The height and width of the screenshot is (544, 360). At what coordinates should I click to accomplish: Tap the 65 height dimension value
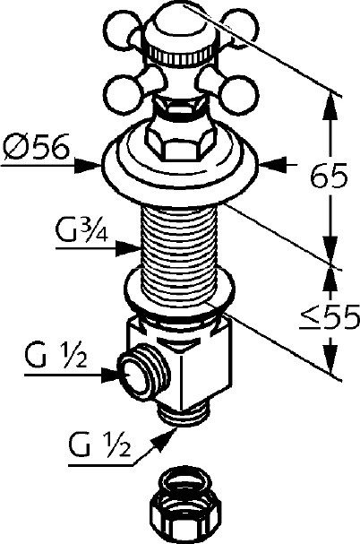[x=328, y=176]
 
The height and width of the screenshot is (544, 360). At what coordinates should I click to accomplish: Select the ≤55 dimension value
[x=329, y=317]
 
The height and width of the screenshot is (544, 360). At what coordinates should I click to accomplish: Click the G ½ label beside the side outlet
[x=56, y=357]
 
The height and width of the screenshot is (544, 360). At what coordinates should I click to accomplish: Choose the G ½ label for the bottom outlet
[x=99, y=445]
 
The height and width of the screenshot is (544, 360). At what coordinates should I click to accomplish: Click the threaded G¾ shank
[x=179, y=255]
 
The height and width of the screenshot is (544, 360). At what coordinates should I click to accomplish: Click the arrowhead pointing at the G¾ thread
[x=127, y=248]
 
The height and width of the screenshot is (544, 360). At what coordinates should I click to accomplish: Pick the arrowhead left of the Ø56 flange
[x=87, y=166]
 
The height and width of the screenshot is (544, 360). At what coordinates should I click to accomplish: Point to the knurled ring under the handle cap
[x=181, y=56]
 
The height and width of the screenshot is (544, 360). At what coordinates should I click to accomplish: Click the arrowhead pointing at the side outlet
[x=111, y=375]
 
